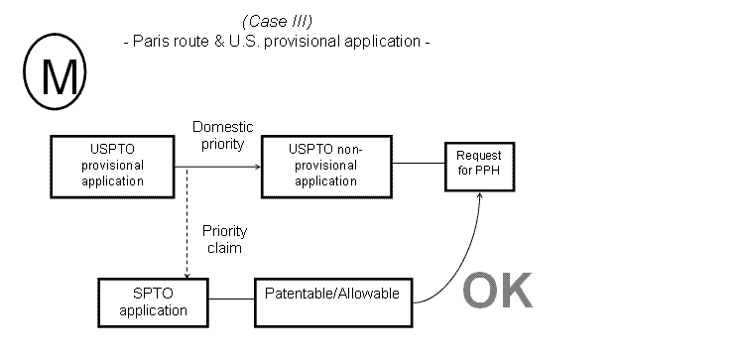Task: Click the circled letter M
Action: (x=56, y=76)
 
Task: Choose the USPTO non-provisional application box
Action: (x=326, y=165)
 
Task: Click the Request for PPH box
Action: (x=479, y=164)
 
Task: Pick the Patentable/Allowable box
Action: (x=333, y=294)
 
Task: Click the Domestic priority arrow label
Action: (x=222, y=135)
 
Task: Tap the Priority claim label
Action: (x=223, y=239)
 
